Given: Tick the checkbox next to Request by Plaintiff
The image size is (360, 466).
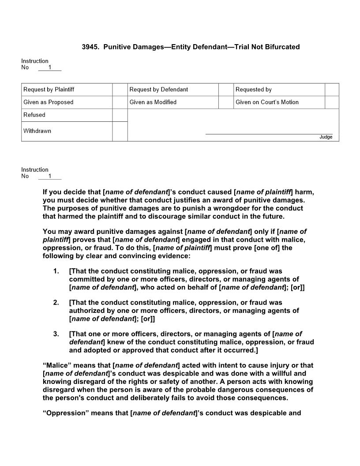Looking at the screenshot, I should (120, 90).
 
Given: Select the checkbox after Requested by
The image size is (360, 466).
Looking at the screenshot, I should (332, 90).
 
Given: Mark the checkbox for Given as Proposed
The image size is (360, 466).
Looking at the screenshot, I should (120, 102).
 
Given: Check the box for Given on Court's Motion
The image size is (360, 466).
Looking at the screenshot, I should (332, 102).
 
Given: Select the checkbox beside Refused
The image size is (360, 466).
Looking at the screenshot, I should (120, 115).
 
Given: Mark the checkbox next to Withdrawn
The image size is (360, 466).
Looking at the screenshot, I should (120, 131).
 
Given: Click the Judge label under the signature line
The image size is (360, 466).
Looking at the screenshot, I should (326, 137).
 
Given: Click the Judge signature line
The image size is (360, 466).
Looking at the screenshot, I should (269, 133).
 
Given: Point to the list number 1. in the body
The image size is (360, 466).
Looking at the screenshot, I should (56, 271).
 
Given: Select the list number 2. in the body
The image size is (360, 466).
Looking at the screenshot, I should (56, 303).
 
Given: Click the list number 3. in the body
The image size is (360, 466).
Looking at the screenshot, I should (56, 334).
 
